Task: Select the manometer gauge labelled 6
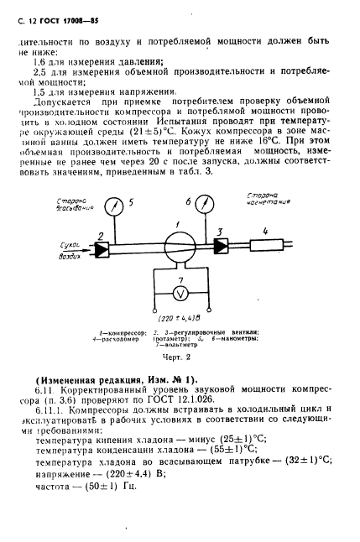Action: point(210,205)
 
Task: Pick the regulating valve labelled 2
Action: point(101,250)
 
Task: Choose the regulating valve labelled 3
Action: point(221,246)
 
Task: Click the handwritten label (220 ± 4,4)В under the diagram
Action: point(178,317)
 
